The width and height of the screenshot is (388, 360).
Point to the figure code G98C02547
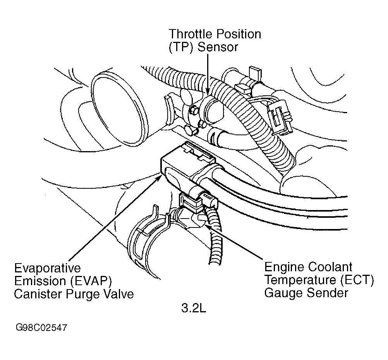click(41, 328)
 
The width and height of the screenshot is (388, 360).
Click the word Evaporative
click(48, 268)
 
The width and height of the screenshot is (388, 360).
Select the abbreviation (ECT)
click(355, 280)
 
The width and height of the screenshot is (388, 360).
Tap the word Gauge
click(283, 293)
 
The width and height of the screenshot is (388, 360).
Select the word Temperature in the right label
click(300, 280)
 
